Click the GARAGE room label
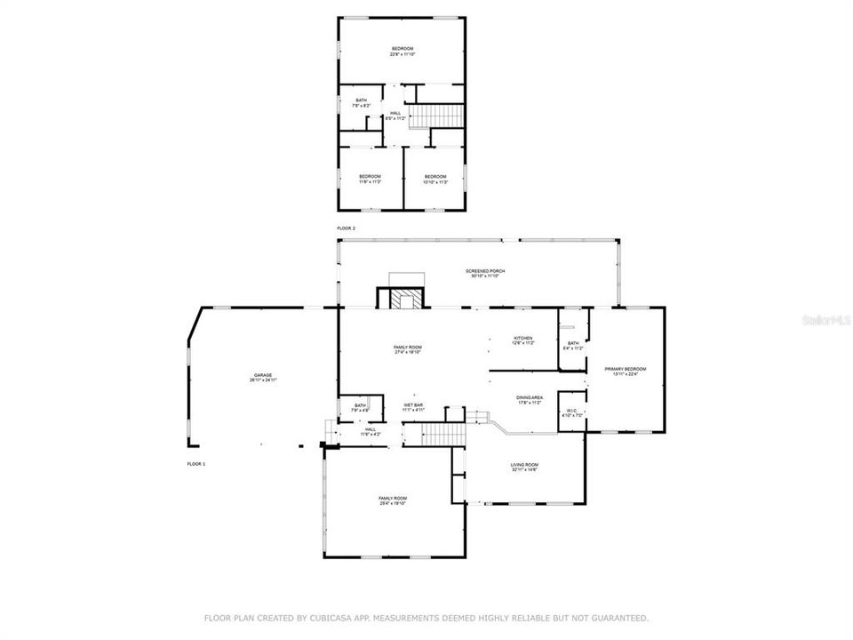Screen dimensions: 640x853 click(x=263, y=378)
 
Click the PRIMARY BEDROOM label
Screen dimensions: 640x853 click(x=625, y=371)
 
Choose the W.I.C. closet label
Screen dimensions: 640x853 click(x=572, y=412)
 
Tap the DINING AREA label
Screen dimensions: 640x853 click(x=530, y=400)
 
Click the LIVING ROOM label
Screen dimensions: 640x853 click(x=524, y=467)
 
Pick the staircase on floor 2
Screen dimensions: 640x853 click(x=442, y=116)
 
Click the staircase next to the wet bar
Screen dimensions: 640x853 click(x=442, y=434)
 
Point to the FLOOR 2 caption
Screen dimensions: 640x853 click(x=346, y=228)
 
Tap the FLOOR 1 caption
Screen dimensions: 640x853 click(x=195, y=465)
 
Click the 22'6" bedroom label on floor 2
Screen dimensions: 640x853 click(x=403, y=52)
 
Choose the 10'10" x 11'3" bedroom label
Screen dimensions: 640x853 click(x=434, y=179)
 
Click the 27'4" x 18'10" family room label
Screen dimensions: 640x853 click(x=408, y=349)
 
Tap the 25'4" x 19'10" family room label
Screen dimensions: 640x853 click(x=393, y=500)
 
